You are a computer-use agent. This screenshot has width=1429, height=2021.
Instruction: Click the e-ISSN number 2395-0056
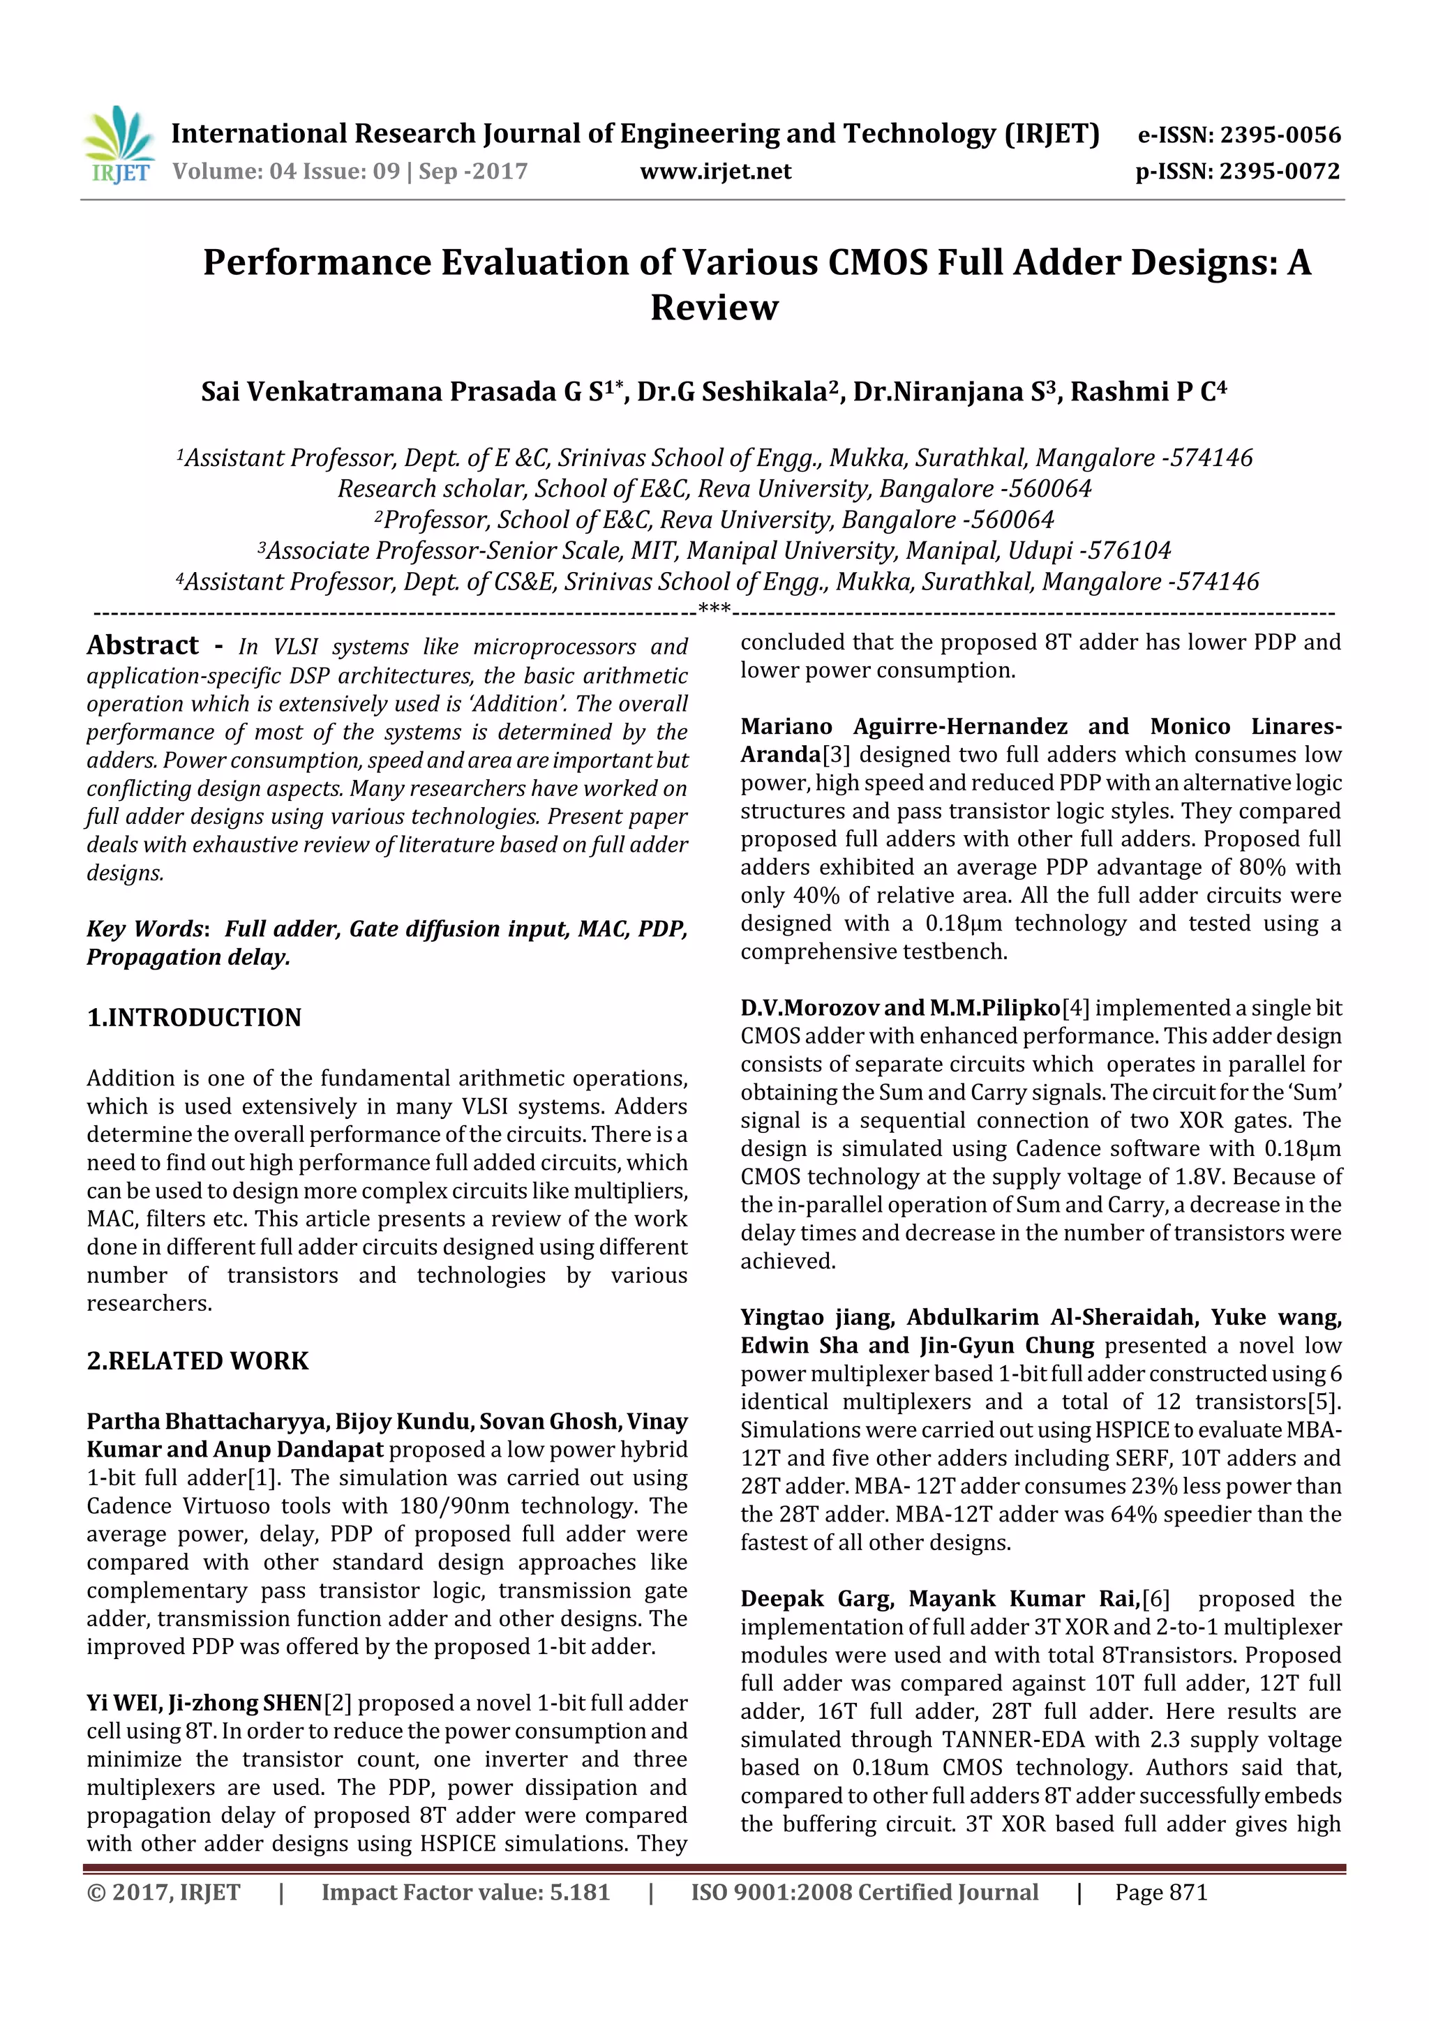pos(1280,135)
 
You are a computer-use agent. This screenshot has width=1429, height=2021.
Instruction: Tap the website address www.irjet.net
pos(715,172)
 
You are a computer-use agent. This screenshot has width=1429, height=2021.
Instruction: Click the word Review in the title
pos(714,307)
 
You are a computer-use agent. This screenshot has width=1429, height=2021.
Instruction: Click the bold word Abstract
pos(142,645)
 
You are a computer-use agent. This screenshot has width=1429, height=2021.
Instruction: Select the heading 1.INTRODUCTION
pos(194,1018)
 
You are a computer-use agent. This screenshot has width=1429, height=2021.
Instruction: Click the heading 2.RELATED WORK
pos(197,1361)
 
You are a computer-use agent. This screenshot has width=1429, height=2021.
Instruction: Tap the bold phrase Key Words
pos(145,929)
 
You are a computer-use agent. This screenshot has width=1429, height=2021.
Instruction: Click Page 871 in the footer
pos(1160,1893)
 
